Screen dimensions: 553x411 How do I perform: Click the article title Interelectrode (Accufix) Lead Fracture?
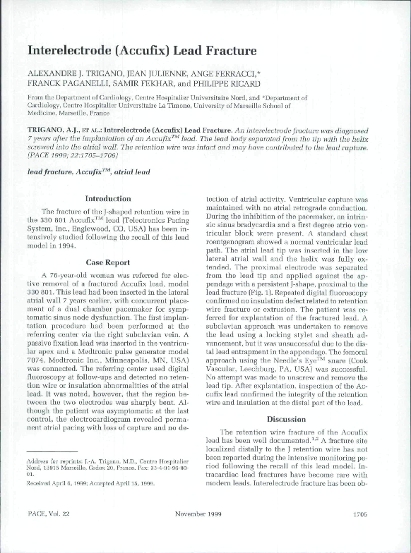pos(141,51)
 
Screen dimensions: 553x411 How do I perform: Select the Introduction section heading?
pos(108,199)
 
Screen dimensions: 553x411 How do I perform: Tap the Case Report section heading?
pos(107,262)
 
